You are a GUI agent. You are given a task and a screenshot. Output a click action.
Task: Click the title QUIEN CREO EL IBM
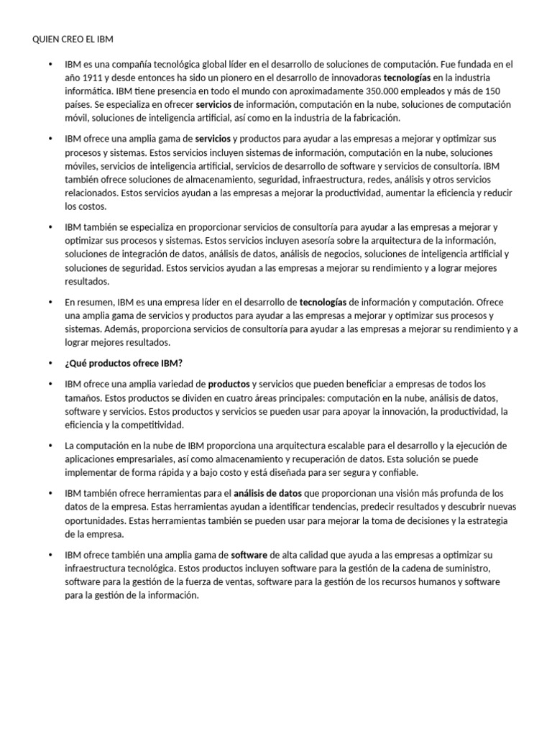(x=73, y=38)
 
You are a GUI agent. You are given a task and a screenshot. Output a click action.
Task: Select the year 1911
(x=91, y=78)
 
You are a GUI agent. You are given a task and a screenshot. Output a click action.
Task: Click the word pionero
(x=234, y=78)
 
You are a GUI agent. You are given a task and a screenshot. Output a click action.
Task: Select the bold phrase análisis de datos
(x=268, y=493)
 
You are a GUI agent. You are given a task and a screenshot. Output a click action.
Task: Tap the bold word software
(x=249, y=556)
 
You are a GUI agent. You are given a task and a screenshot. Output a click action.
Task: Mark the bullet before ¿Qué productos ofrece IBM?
(x=50, y=363)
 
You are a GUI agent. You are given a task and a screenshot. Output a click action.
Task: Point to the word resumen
(x=96, y=303)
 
